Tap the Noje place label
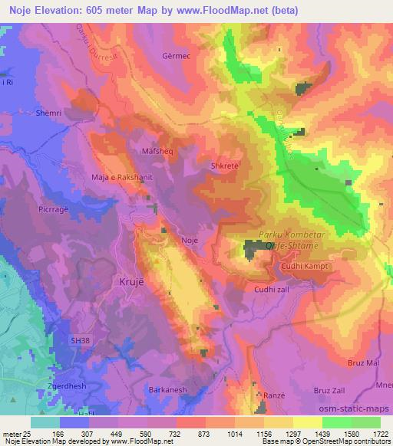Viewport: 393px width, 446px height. [190, 241]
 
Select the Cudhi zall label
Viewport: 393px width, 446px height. [270, 290]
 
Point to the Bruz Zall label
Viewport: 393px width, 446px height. [329, 391]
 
